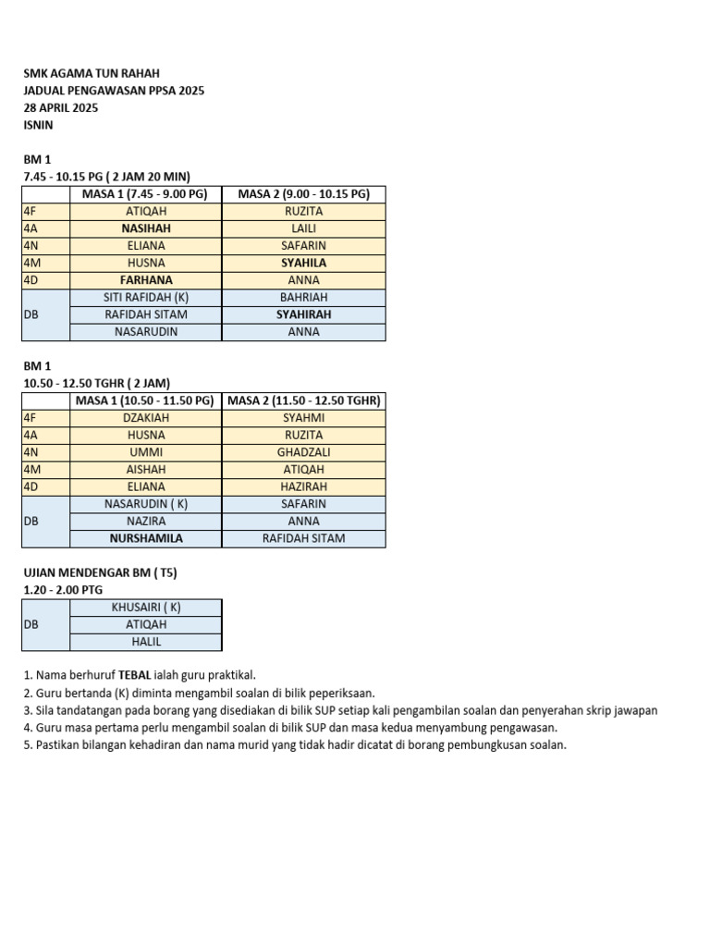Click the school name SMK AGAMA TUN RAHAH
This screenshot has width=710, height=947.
[84, 73]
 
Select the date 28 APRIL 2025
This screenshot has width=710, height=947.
[60, 107]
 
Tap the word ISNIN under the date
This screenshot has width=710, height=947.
[38, 124]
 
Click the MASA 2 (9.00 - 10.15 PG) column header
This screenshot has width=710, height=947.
[303, 194]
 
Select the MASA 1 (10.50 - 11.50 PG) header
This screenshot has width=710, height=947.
[146, 400]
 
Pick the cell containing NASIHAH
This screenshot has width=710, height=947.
[146, 228]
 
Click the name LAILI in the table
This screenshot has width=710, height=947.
[303, 228]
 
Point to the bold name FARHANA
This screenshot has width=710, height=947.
[146, 280]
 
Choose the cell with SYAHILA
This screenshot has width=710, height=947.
[303, 263]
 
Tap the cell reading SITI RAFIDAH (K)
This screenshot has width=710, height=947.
[146, 298]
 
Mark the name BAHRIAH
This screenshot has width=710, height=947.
[303, 298]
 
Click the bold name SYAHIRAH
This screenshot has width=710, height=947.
[303, 314]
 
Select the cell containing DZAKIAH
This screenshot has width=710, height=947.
[146, 418]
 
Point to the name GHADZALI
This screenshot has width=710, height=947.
[303, 452]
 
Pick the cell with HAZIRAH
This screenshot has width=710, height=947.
[303, 486]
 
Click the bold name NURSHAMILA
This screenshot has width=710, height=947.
[146, 538]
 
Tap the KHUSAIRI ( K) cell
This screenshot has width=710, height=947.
[146, 608]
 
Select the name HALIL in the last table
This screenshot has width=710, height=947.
[146, 642]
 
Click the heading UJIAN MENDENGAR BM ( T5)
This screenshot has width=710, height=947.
[100, 573]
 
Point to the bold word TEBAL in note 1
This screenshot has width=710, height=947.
[133, 676]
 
